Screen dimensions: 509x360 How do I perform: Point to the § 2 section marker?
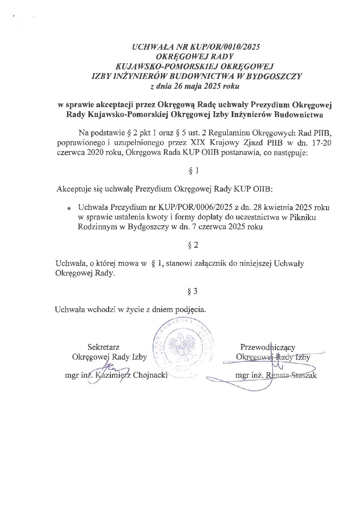(193, 245)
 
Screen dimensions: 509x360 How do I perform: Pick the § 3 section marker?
(193, 291)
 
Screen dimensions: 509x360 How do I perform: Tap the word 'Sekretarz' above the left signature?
(103, 347)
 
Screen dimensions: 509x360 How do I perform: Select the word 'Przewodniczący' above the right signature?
(268, 347)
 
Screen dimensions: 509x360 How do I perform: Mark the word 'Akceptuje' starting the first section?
(71, 189)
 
